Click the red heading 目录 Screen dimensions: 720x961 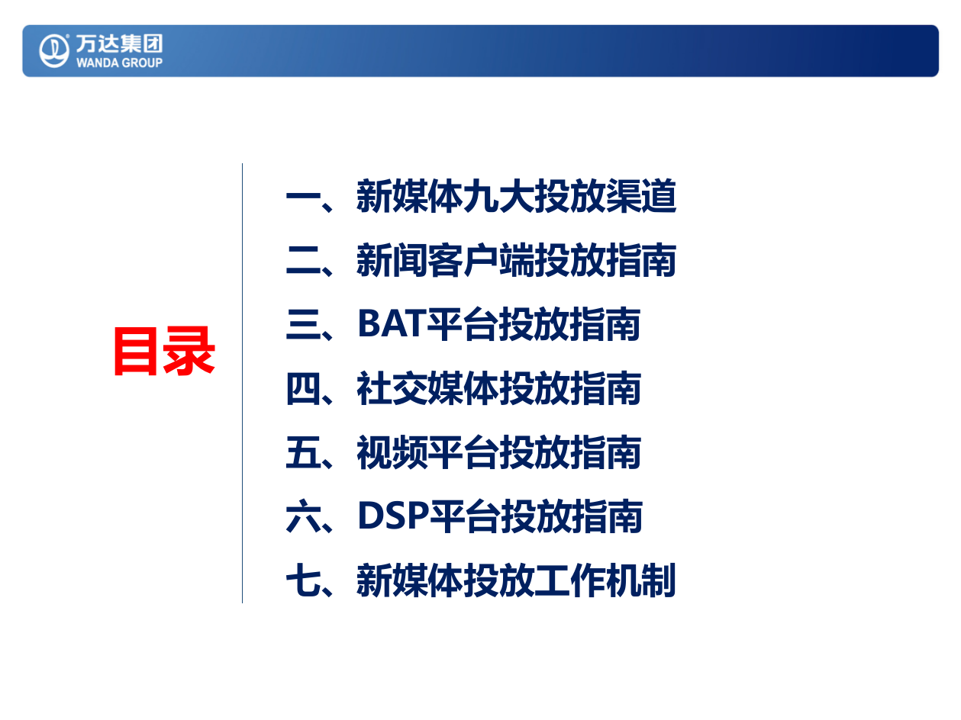tap(164, 352)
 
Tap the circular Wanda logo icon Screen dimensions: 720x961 tap(54, 50)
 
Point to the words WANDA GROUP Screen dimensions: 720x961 tap(119, 63)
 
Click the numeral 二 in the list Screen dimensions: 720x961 tap(302, 262)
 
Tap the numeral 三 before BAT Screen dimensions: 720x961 tap(302, 326)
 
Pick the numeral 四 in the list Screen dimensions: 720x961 tap(302, 390)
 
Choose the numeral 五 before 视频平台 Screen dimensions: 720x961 tap(302, 453)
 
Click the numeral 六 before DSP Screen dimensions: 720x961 tap(302, 517)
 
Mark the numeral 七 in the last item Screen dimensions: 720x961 tap(302, 581)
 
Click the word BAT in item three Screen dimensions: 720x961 tap(390, 326)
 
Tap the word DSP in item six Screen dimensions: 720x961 tap(392, 517)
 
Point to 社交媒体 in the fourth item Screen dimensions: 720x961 tap(427, 390)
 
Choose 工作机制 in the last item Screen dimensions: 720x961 tap(605, 581)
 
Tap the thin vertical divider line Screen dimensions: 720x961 tap(243, 381)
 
